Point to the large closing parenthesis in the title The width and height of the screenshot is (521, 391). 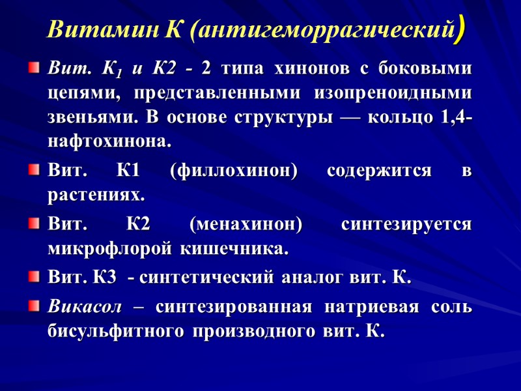click(460, 29)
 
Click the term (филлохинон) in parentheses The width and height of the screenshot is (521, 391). click(233, 171)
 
